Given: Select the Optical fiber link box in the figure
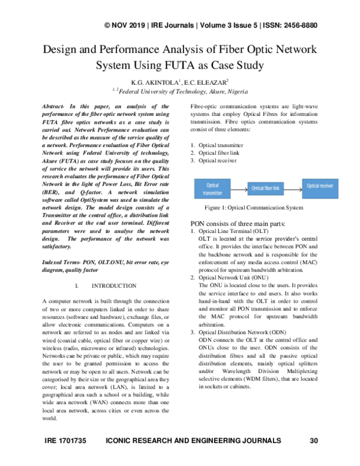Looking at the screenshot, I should click(266, 189).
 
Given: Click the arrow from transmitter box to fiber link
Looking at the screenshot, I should click(238, 189).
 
